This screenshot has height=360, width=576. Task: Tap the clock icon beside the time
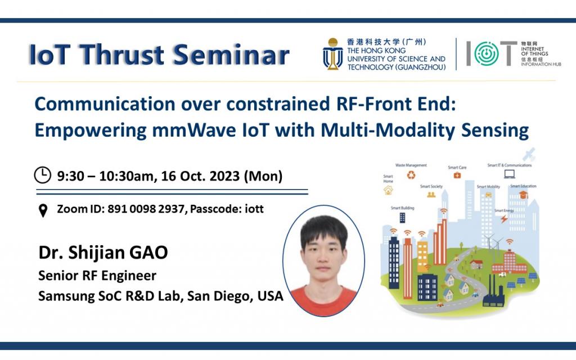tap(43, 175)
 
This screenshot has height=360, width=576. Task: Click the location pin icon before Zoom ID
tap(43, 210)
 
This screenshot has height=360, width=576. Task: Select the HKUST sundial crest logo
tap(333, 54)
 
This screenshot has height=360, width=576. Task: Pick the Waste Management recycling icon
tap(410, 175)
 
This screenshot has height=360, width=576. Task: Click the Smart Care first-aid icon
tap(457, 175)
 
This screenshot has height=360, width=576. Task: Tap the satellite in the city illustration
tap(528, 154)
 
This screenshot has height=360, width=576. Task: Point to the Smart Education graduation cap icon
tap(523, 195)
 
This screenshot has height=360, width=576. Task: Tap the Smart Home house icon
tap(388, 191)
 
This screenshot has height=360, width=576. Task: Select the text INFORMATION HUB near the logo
tap(537, 64)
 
